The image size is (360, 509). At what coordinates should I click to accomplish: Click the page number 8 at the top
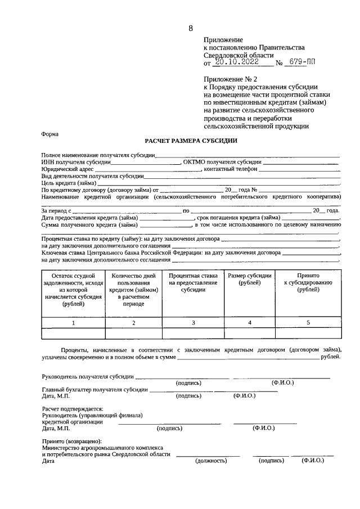(x=191, y=28)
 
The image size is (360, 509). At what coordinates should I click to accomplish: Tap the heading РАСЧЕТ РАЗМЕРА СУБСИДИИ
(x=191, y=141)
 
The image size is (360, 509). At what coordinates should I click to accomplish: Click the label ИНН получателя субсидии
(x=75, y=162)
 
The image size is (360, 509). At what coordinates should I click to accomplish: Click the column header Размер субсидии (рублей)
(x=249, y=280)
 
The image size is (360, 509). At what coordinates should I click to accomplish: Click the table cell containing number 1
(x=73, y=323)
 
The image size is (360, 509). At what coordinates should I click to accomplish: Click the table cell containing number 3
(x=193, y=323)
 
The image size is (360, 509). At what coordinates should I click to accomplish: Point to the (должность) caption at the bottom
(x=211, y=460)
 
